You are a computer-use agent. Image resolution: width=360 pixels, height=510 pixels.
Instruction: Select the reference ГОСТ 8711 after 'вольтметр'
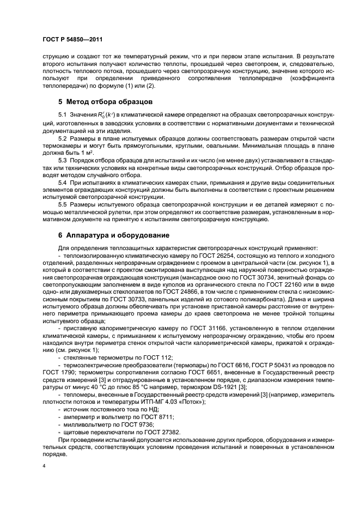coord(154,416)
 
